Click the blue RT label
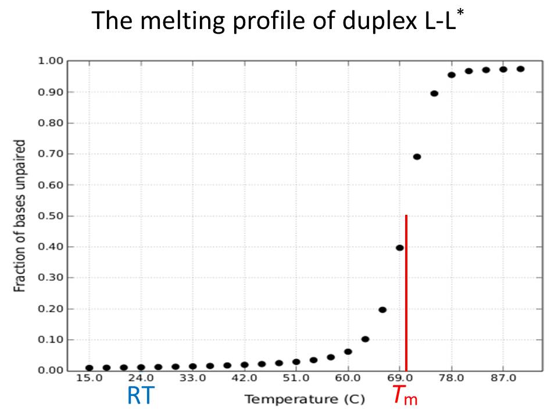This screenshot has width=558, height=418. pos(141,397)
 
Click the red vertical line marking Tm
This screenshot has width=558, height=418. pos(406,290)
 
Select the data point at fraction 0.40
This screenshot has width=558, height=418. pos(399,248)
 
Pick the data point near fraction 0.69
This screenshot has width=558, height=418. pos(417,157)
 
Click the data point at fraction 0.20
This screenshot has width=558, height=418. pos(382,309)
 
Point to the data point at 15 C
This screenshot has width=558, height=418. pos(89,367)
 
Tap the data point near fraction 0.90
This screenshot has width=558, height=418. pos(434,93)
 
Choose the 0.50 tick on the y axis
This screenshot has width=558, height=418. pos(50,216)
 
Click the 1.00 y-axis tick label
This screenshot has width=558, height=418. pos(50,61)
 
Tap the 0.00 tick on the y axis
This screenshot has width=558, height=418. pos(50,370)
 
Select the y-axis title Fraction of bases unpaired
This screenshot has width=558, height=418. pos(20,215)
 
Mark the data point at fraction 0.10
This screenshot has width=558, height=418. pos(365,339)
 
